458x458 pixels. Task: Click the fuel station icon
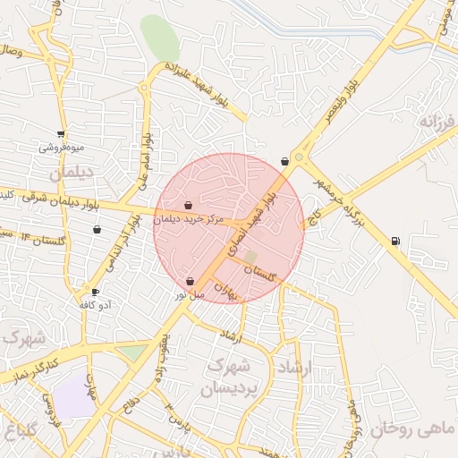395,240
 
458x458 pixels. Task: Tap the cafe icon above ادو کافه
96,292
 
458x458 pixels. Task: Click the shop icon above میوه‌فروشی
61,133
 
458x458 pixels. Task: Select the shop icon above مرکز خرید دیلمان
188,206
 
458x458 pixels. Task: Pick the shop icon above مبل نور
191,281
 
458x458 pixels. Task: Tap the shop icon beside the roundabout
284,161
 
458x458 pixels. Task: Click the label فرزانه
437,120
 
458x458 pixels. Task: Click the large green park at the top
159,38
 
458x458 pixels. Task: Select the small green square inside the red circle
250,257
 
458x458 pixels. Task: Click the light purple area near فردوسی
74,395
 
